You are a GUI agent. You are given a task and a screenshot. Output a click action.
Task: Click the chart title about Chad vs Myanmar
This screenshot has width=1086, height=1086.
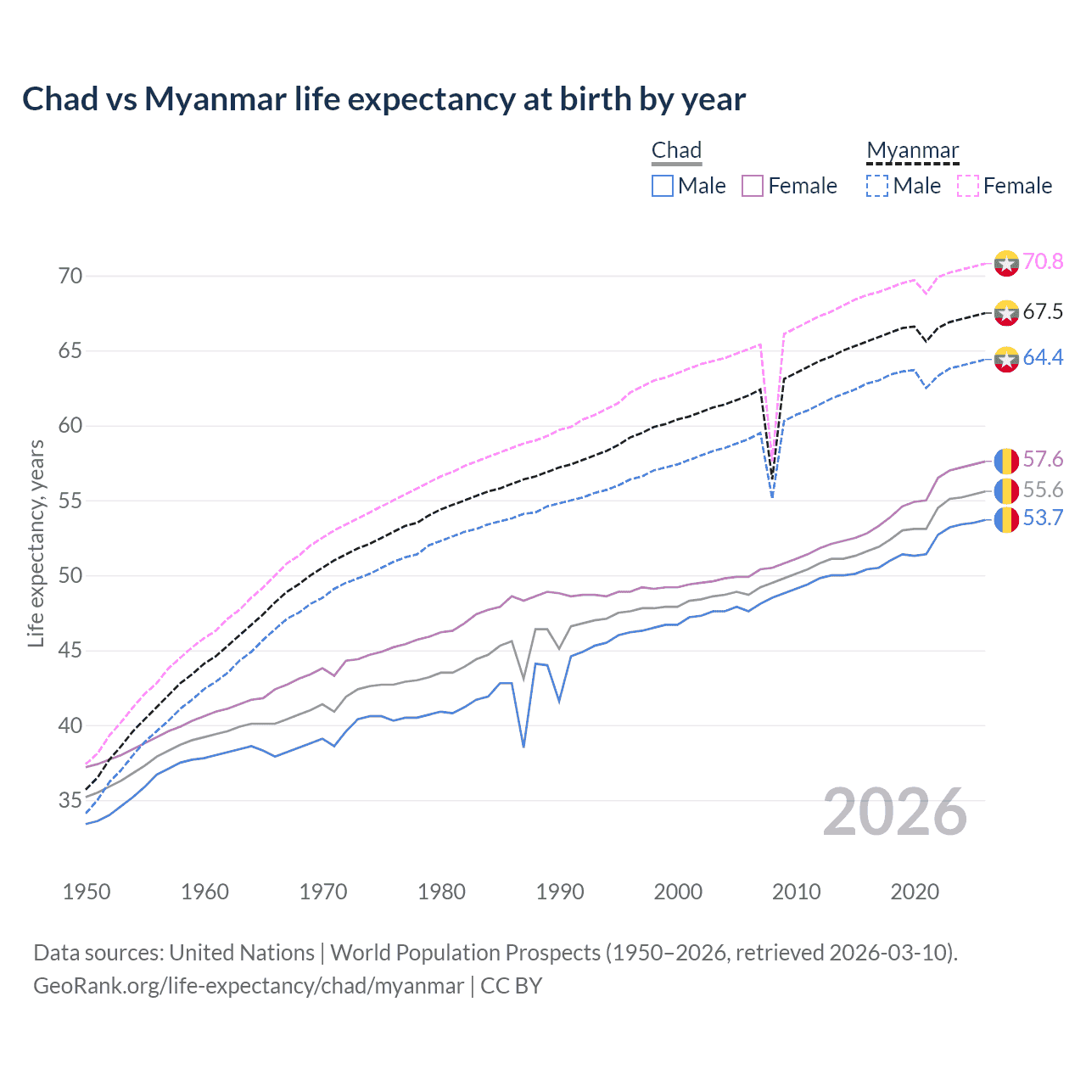point(383,99)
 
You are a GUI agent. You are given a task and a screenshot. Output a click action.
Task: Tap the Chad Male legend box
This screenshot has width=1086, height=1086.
point(663,186)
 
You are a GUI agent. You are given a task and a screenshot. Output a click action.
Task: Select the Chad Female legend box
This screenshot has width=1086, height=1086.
point(753,186)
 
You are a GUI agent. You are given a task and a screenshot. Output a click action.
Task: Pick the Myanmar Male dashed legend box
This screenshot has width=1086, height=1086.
point(877,186)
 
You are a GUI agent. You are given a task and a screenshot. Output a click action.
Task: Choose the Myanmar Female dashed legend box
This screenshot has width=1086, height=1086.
point(968,186)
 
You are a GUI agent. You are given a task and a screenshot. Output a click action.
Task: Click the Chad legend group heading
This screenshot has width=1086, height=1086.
point(676,150)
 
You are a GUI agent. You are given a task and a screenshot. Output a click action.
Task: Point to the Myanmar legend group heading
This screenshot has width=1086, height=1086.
point(912,150)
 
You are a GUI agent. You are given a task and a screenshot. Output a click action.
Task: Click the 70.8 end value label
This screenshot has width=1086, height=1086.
point(1043,261)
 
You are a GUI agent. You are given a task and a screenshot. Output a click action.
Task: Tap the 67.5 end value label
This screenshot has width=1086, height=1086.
point(1043,311)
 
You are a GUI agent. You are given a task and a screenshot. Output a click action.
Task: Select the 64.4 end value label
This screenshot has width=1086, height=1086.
point(1043,357)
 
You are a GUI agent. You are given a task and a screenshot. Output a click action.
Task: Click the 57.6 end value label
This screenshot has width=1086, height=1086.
point(1043,459)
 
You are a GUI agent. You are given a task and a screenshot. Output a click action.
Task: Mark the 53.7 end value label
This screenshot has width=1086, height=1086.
point(1043,518)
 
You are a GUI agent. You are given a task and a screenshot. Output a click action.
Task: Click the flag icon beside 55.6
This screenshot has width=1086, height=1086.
point(1006,490)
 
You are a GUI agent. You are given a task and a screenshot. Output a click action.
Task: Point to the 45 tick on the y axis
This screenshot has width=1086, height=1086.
point(70,651)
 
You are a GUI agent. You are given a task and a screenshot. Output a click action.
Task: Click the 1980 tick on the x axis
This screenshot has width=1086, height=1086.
point(441,892)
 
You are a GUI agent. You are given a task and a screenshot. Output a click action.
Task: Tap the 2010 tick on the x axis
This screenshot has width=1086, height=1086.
point(796,892)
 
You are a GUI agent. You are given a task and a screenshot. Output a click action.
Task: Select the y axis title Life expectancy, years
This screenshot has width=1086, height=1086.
point(36,543)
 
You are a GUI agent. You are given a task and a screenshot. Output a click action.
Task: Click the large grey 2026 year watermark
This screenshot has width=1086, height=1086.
point(895,812)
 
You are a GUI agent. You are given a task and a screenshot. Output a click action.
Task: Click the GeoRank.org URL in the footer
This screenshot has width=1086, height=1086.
point(249,985)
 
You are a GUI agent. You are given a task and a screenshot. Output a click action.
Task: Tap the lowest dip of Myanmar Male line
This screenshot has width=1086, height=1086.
point(771,497)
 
